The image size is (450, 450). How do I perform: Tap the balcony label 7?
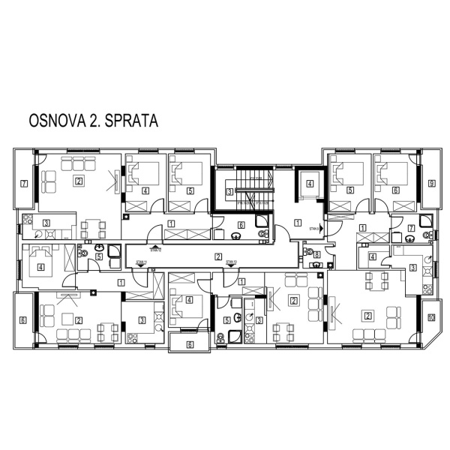click(x=23, y=183)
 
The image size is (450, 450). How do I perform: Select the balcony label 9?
click(x=431, y=183)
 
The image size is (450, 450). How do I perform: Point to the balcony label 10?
click(x=431, y=318)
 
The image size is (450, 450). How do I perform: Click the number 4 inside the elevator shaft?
click(x=309, y=184)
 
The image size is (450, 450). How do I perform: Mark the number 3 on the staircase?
click(x=229, y=192)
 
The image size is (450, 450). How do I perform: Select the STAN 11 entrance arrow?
click(x=139, y=264)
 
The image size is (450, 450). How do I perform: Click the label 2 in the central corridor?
click(x=217, y=257)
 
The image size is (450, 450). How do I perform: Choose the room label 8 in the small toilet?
click(x=317, y=255)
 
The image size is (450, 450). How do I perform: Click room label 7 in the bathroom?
click(x=410, y=228)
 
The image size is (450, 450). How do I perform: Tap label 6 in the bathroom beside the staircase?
click(x=241, y=224)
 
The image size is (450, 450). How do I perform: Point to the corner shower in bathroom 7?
click(x=425, y=220)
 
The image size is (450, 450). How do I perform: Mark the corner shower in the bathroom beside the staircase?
click(x=262, y=220)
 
